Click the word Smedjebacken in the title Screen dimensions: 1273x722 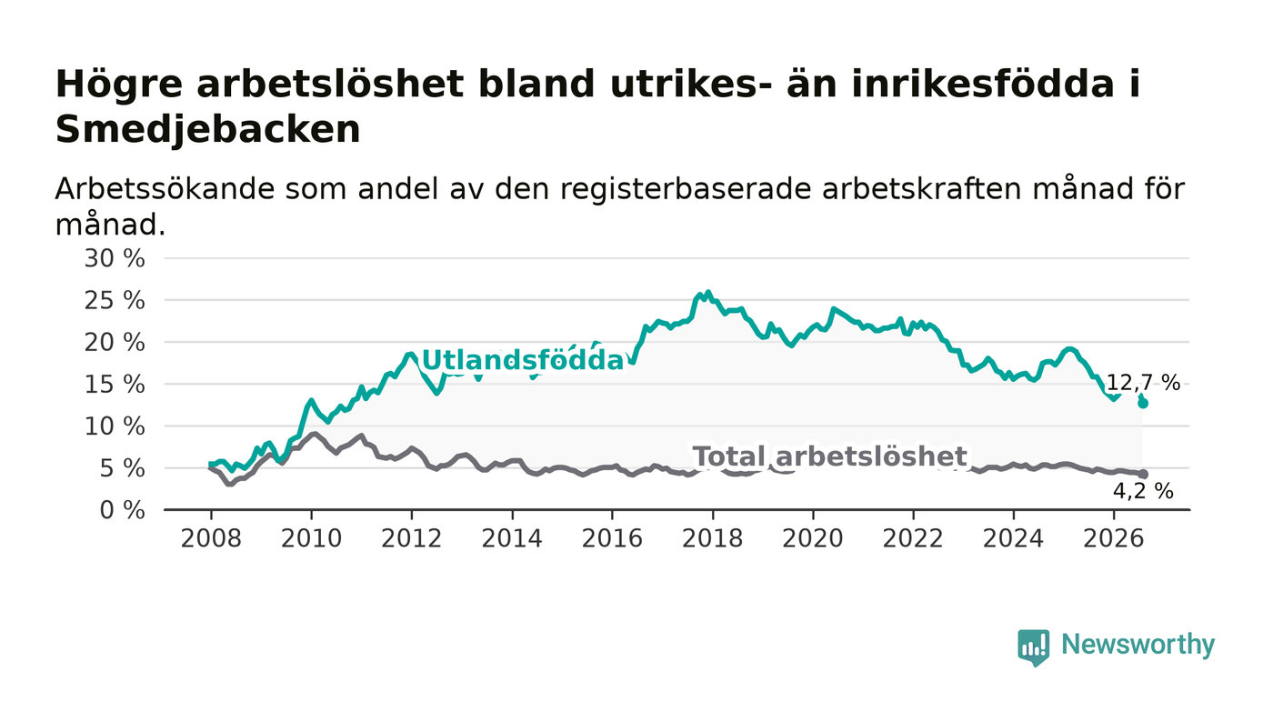tap(208, 130)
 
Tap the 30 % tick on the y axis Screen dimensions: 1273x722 tap(115, 258)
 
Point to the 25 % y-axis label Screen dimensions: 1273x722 tap(115, 301)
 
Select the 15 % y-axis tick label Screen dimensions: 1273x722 tap(115, 385)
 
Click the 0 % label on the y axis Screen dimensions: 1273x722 tap(122, 510)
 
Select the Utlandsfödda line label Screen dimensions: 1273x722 tap(523, 360)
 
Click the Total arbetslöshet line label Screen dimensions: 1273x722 tap(829, 456)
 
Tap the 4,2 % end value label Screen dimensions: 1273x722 tap(1143, 491)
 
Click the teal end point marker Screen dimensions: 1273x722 tap(1143, 404)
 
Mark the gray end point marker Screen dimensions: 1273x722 tap(1143, 474)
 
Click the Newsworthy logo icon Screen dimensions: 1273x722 tap(1034, 647)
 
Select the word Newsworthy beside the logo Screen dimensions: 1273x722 tap(1138, 645)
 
